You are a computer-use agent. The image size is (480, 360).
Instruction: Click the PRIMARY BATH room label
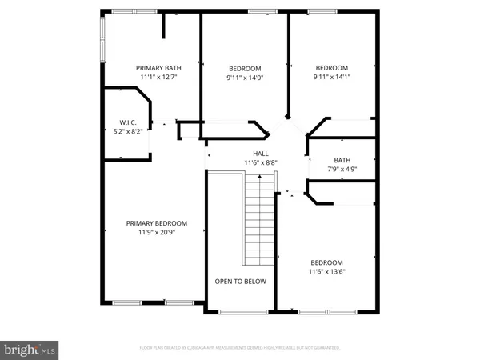click(156, 67)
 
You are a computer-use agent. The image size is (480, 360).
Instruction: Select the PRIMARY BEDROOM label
click(156, 223)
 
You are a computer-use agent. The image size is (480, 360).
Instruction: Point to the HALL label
click(261, 154)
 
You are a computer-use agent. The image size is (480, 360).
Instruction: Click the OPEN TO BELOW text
click(241, 282)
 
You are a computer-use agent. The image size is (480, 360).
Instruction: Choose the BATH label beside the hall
click(342, 160)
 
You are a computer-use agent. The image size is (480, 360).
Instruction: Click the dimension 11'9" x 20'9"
click(156, 233)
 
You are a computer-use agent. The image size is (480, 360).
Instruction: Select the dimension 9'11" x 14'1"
click(331, 78)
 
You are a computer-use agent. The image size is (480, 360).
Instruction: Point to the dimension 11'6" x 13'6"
click(326, 272)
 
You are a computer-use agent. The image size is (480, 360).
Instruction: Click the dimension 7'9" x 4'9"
click(342, 169)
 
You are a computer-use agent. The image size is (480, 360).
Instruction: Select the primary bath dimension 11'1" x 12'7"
click(156, 77)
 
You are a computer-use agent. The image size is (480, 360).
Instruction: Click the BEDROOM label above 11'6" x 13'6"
click(326, 262)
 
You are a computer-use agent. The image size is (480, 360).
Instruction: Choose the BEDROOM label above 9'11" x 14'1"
click(331, 68)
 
